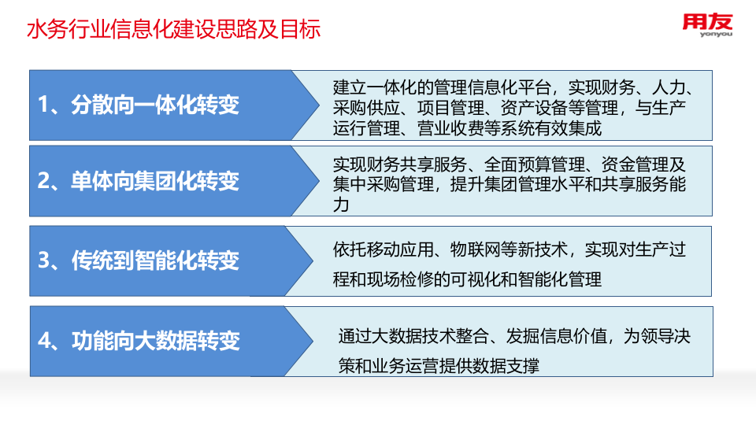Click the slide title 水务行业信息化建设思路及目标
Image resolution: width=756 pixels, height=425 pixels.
tap(173, 31)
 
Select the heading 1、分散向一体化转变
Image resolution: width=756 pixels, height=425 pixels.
tap(139, 105)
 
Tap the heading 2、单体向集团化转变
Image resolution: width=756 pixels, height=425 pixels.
tap(139, 181)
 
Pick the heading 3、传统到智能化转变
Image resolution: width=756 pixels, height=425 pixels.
tap(139, 261)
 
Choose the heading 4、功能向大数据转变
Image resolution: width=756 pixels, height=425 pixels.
tap(139, 341)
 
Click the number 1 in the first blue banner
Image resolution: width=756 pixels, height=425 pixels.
tap(44, 105)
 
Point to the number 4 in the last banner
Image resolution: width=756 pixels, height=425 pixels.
tap(45, 341)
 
